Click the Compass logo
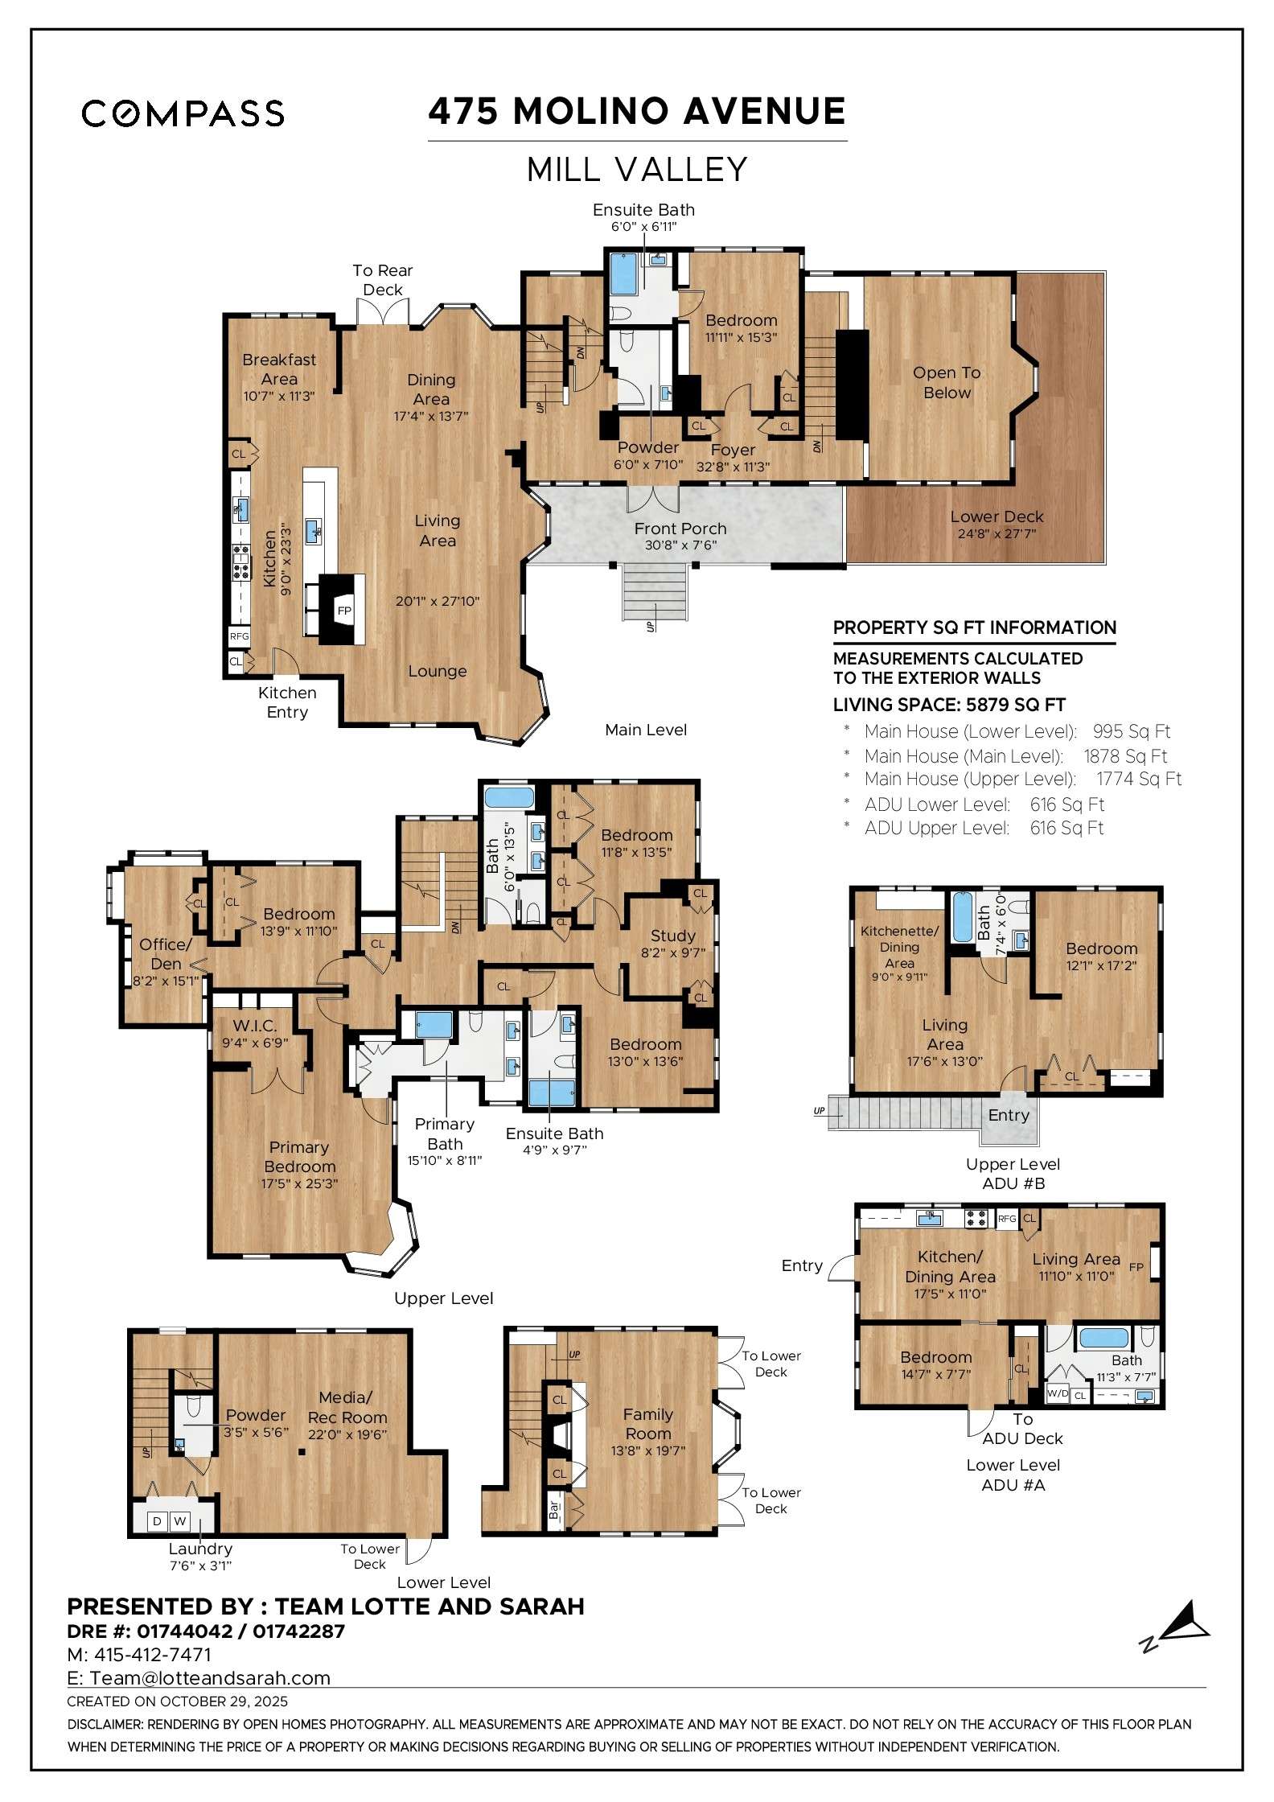pos(183,113)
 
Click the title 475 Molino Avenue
pos(636,111)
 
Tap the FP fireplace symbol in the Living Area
pos(344,611)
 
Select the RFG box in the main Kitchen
pos(239,636)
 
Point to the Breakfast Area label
pos(279,369)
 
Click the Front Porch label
pos(680,529)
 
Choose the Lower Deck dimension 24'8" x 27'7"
pos(996,534)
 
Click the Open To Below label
pos(947,383)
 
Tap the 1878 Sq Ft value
pos(1124,756)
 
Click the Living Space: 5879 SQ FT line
pos(949,705)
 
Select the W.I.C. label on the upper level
pos(255,1026)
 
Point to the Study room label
pos(672,936)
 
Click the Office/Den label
pos(166,953)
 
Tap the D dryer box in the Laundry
pos(157,1521)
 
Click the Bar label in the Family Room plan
pos(554,1510)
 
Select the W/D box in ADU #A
pos(1057,1393)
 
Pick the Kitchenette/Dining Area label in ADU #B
pos(899,947)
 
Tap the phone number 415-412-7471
pos(152,1655)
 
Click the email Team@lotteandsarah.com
pos(210,1678)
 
